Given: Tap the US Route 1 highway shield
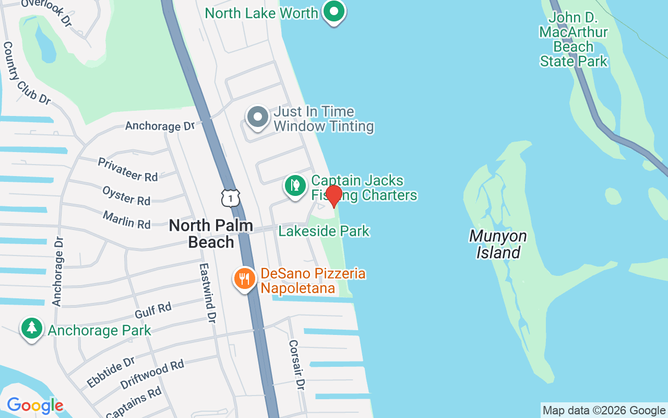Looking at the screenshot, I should coord(230,198).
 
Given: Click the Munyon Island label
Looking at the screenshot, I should coord(497,244).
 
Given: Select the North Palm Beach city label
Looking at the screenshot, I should coord(211,234).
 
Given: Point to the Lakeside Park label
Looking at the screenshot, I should coord(324,230).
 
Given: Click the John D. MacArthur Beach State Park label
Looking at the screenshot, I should coord(574,40).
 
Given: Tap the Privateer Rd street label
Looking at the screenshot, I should coord(128,169).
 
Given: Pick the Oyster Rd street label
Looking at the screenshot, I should coord(126,195).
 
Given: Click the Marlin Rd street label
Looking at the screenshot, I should coord(126,219).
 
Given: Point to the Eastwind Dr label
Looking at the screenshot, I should coord(207,292).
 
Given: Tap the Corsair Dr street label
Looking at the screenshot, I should coord(296,365).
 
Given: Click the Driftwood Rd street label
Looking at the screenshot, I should coord(152,374).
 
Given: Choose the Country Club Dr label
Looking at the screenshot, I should coord(27,73).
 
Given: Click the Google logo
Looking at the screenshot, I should coord(35,405).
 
